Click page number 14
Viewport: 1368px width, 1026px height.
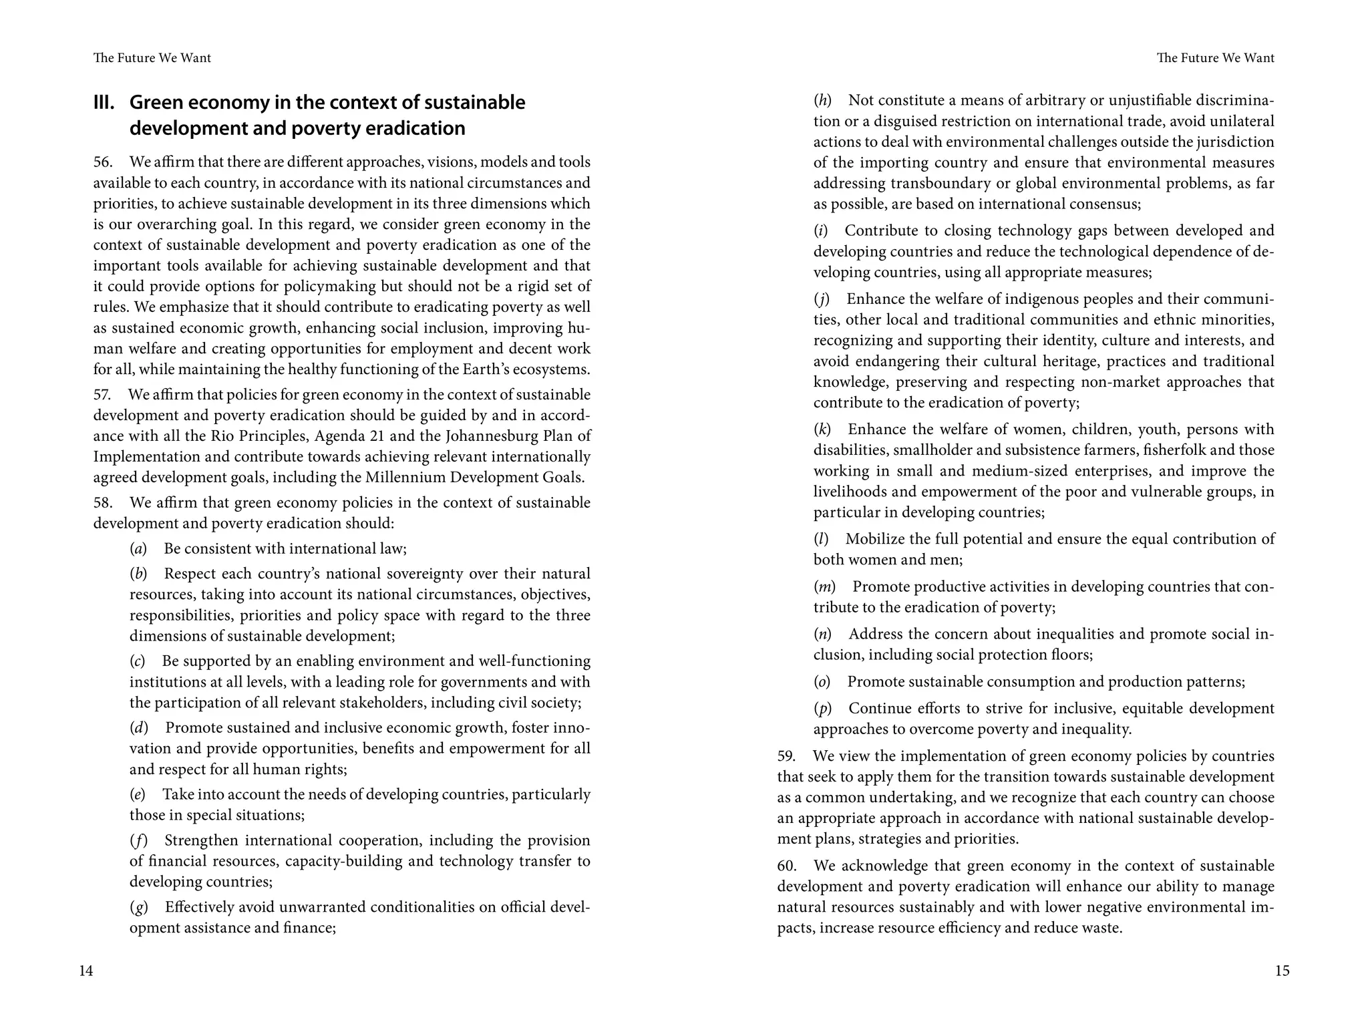pos(86,971)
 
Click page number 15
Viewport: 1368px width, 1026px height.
pos(1282,971)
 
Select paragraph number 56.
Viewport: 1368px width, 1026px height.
pos(104,162)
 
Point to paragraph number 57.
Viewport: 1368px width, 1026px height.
pos(103,395)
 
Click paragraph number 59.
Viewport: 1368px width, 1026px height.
pos(786,756)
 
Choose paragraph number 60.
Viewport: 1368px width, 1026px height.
pos(787,866)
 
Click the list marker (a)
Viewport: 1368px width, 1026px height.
pos(138,549)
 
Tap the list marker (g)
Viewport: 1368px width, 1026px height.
pos(139,908)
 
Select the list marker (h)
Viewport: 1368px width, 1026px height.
pos(822,101)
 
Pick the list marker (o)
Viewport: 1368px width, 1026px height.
pos(822,682)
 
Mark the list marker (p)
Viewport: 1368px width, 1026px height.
pos(822,709)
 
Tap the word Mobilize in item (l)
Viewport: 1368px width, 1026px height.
pos(873,539)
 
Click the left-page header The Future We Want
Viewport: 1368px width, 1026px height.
pos(152,58)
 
